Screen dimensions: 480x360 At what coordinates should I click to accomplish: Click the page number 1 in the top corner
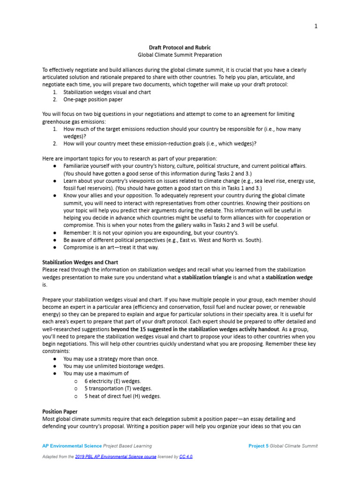[315, 26]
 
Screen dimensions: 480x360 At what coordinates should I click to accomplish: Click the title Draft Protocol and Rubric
[180, 47]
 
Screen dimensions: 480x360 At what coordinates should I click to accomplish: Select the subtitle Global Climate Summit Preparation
[180, 55]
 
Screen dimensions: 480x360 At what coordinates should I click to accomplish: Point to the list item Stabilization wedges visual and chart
[107, 92]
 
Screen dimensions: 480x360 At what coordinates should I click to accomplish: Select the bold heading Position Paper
[60, 411]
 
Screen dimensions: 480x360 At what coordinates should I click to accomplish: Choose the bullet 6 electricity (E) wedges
[112, 381]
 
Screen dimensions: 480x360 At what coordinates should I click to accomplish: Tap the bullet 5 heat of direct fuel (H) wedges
[122, 396]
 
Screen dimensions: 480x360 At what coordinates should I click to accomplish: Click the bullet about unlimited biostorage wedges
[114, 366]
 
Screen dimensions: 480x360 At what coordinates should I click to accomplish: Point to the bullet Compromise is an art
[111, 247]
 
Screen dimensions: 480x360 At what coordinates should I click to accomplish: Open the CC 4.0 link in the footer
[186, 457]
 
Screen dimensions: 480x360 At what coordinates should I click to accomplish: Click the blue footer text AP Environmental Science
[72, 446]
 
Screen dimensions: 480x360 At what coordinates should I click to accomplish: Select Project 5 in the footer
[258, 446]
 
